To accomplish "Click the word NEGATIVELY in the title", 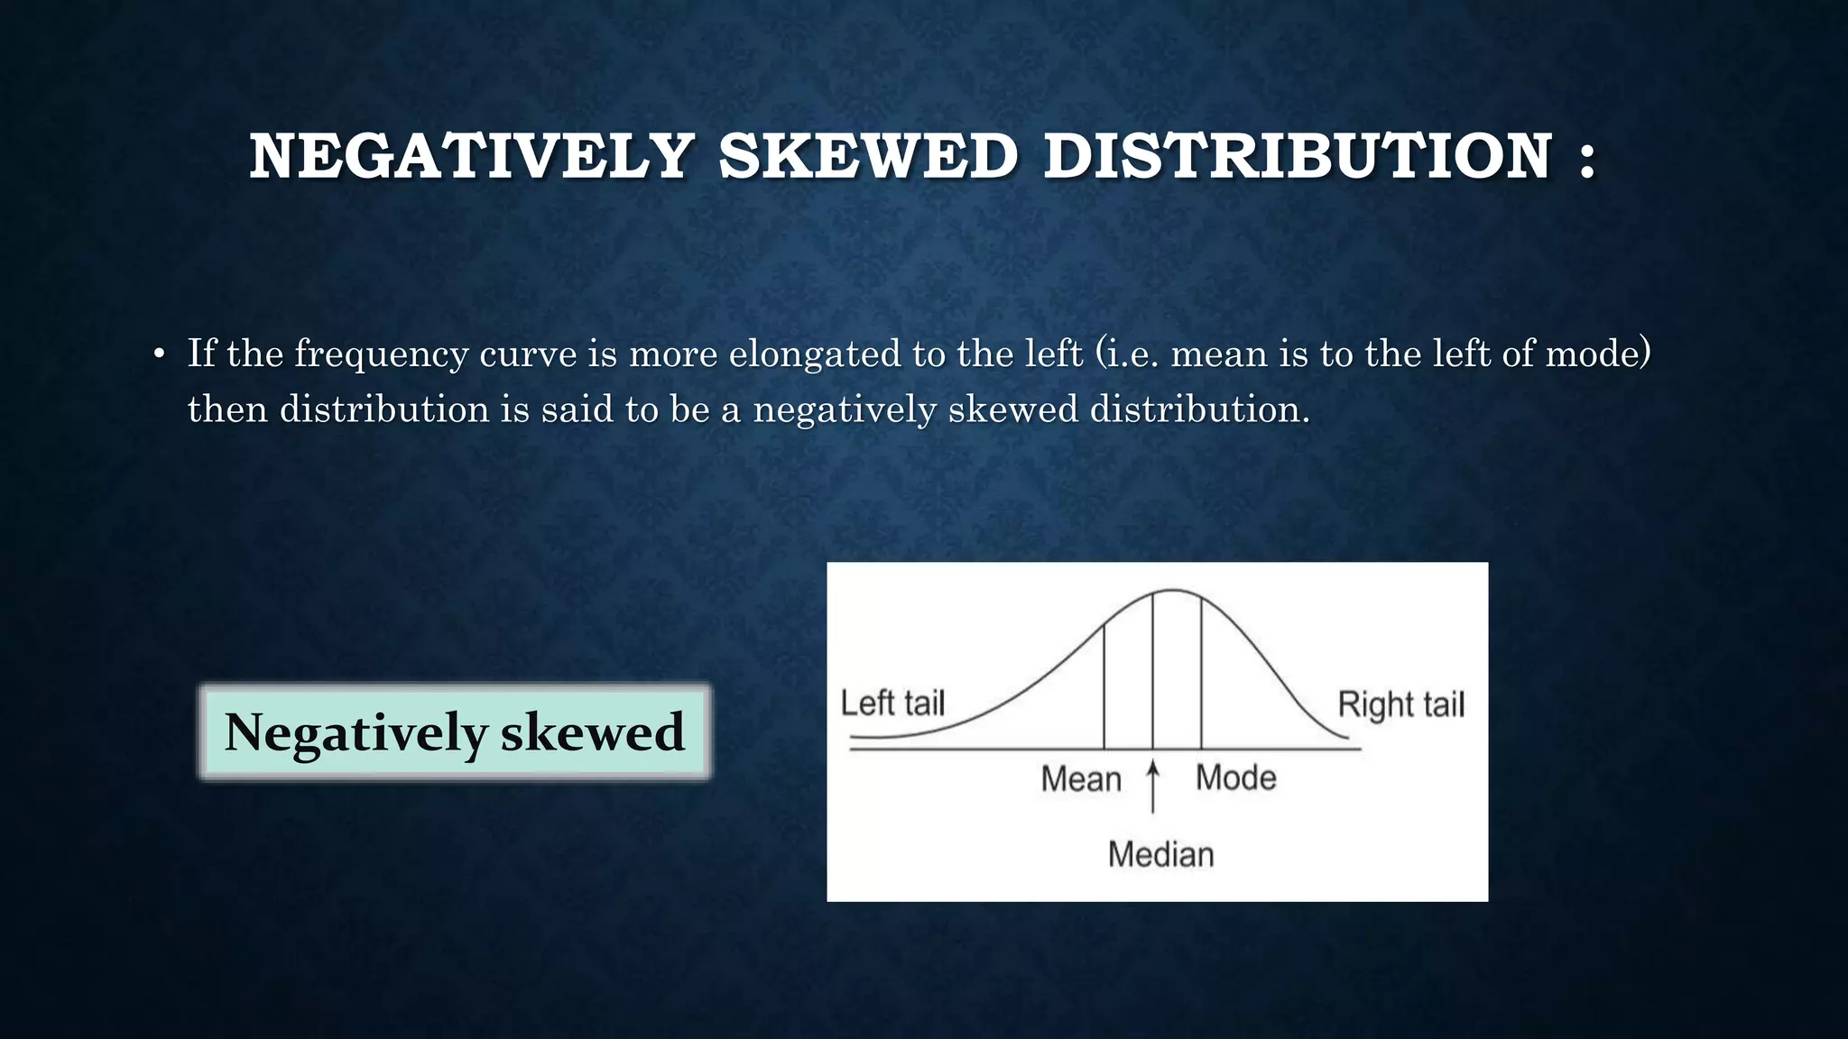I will click(x=471, y=157).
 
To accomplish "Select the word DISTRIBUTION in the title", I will click(x=1298, y=157).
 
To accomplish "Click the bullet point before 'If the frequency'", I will click(x=159, y=354).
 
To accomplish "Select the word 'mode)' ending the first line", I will click(x=1597, y=354).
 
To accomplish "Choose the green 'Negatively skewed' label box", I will click(x=454, y=731).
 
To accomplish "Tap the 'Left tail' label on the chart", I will click(x=892, y=703).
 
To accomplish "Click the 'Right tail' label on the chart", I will click(x=1400, y=704).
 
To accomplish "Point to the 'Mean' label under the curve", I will click(x=1080, y=778).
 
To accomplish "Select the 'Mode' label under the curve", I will click(x=1235, y=777).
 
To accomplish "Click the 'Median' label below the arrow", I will click(x=1160, y=854).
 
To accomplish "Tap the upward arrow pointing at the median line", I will click(x=1152, y=786).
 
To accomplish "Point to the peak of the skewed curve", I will click(x=1171, y=591).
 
